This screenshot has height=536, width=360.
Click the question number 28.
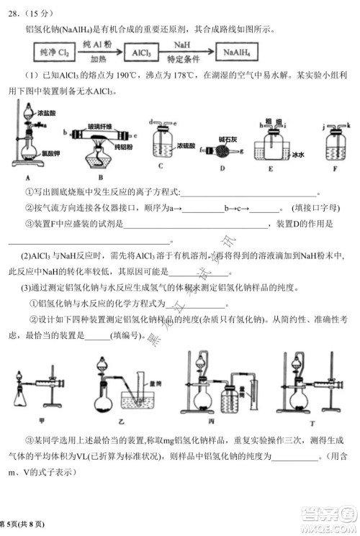point(14,11)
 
